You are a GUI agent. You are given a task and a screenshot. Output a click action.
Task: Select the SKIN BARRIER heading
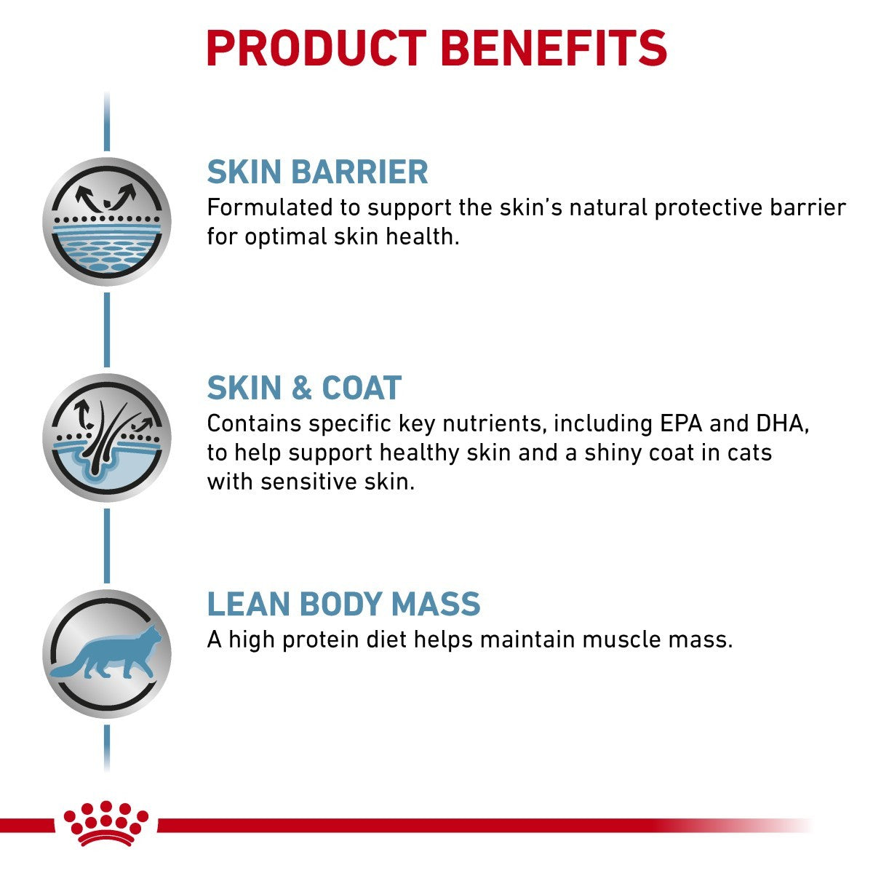(x=317, y=172)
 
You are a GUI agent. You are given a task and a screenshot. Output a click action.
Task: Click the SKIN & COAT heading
(x=304, y=388)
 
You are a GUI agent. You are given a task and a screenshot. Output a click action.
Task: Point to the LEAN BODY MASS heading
(x=343, y=605)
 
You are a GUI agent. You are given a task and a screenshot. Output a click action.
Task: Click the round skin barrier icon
(x=107, y=221)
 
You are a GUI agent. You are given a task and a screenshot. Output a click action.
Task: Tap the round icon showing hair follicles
(x=107, y=437)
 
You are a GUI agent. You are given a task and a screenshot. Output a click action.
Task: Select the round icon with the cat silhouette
(x=107, y=653)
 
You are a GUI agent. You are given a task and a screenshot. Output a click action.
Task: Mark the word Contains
(x=254, y=424)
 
